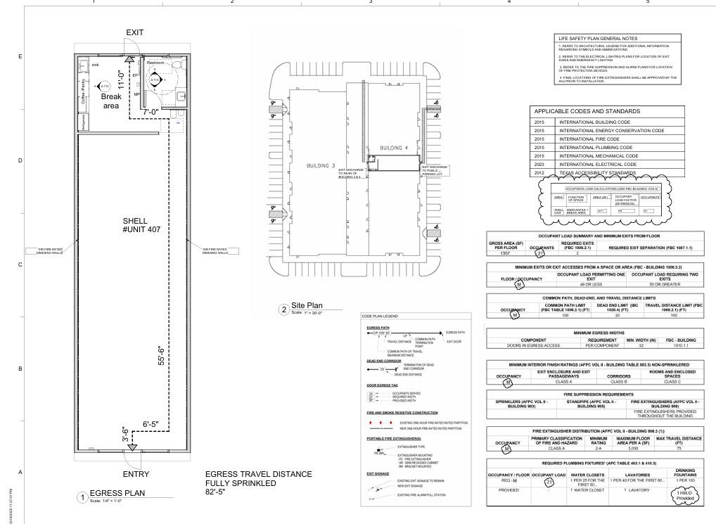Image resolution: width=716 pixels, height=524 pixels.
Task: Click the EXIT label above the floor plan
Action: (134, 33)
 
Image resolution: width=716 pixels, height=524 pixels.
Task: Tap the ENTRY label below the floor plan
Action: (136, 474)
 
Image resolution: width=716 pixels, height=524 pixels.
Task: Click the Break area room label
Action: (110, 101)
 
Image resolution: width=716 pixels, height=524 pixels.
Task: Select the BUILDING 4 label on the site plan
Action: (394, 148)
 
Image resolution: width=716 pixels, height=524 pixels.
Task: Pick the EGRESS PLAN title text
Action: (117, 493)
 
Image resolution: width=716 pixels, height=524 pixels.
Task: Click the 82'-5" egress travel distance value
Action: (217, 492)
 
